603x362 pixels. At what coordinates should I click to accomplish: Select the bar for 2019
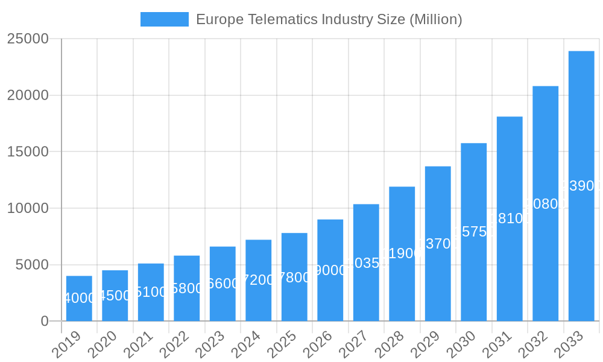click(79, 299)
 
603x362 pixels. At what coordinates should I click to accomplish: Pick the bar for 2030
click(474, 232)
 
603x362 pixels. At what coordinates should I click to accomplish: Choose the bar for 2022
click(187, 288)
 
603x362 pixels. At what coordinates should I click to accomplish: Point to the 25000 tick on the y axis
click(28, 39)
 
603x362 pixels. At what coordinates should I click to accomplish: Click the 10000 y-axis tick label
click(28, 208)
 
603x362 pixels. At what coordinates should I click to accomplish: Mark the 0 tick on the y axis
click(45, 322)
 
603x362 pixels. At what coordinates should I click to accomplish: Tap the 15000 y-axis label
click(28, 151)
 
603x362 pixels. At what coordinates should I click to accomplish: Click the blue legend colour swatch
click(164, 19)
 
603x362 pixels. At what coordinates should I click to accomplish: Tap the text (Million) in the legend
click(435, 19)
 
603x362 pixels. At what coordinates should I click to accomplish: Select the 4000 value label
click(79, 298)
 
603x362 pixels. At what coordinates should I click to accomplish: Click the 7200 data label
click(259, 280)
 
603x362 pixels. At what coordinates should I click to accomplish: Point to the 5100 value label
click(151, 292)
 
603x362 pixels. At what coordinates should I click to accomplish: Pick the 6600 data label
click(223, 284)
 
